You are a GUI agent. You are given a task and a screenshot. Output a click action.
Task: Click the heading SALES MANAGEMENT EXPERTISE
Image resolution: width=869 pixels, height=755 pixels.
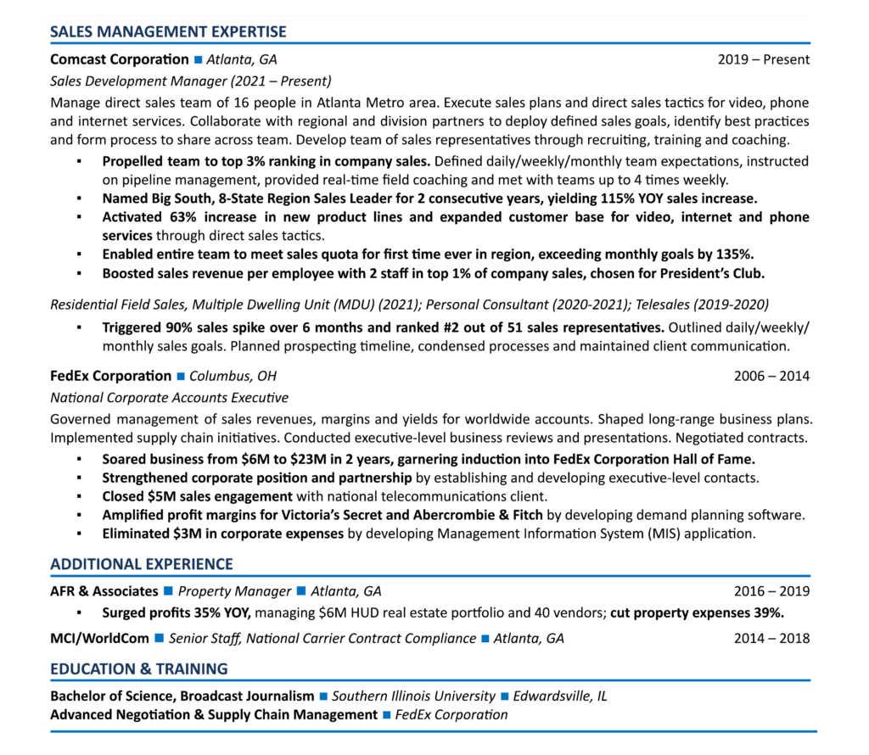(x=168, y=32)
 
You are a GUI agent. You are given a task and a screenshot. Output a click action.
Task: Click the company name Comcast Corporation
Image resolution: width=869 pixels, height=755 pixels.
(x=120, y=59)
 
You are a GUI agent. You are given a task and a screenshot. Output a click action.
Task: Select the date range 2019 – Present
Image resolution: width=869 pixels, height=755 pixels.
(x=763, y=59)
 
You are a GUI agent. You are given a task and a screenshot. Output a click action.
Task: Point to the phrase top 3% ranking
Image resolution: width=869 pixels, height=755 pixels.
(x=214, y=161)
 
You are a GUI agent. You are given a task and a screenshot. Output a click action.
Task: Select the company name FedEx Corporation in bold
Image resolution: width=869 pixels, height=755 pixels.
(x=110, y=376)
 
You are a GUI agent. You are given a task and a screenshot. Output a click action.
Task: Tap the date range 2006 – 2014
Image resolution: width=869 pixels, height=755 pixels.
(x=771, y=376)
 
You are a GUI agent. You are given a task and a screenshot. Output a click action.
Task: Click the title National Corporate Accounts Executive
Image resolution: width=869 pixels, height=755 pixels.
(x=169, y=398)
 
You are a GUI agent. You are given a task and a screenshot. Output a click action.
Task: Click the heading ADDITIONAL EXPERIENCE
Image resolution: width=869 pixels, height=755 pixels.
(x=141, y=564)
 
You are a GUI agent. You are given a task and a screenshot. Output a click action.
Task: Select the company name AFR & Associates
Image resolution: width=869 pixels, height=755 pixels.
(x=104, y=591)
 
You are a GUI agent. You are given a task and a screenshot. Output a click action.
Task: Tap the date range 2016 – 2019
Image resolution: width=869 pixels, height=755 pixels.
(x=771, y=591)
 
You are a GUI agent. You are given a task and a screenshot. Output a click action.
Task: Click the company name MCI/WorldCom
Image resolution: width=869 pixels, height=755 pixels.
(x=99, y=638)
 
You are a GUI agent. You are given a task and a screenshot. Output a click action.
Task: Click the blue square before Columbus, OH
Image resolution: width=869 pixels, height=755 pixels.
(x=180, y=377)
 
